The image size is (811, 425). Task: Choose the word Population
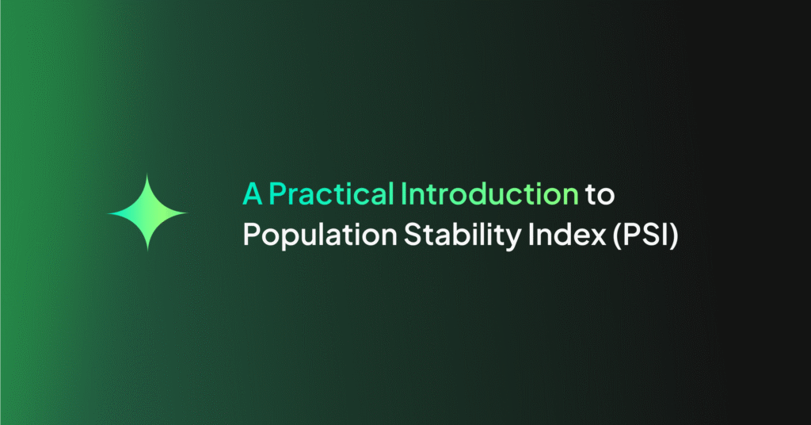(x=311, y=235)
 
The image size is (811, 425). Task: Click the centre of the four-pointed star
(x=147, y=213)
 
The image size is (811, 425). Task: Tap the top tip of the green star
(x=147, y=175)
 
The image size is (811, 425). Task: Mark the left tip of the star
(x=108, y=213)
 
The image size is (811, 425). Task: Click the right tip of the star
(x=187, y=213)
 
